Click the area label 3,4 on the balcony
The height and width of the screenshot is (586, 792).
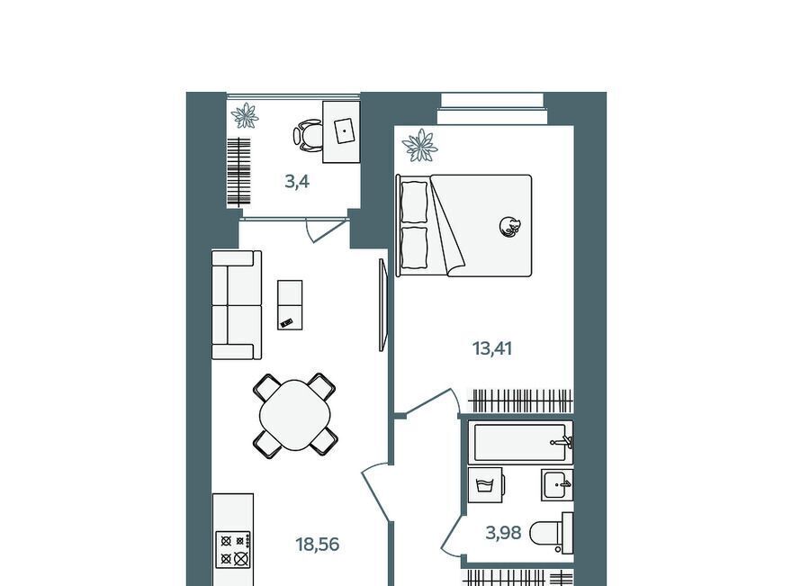point(297,181)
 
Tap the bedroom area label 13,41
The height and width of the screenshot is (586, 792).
point(492,348)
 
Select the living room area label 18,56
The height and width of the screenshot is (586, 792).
point(317,545)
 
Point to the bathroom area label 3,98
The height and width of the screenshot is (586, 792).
point(503,533)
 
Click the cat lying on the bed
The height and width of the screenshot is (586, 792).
point(509,226)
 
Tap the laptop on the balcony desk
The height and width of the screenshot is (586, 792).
point(345,131)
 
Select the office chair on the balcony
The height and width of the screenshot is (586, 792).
point(308,135)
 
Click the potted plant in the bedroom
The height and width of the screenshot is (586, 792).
point(419,146)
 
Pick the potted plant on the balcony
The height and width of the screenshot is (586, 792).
point(245,116)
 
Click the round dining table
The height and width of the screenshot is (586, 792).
point(295,415)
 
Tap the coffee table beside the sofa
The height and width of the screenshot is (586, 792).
point(290,305)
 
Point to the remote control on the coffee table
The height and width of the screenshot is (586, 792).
point(287,322)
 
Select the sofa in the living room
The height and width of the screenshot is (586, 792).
point(237,305)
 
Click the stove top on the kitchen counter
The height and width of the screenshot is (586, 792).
point(233,549)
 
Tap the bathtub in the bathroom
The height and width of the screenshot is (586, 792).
point(520,443)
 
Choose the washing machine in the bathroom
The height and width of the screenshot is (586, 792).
point(485,485)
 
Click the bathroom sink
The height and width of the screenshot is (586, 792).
point(557,485)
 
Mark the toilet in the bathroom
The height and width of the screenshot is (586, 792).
point(552,533)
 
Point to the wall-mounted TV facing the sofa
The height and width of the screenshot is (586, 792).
point(382,305)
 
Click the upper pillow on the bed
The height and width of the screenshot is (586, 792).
point(414,202)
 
